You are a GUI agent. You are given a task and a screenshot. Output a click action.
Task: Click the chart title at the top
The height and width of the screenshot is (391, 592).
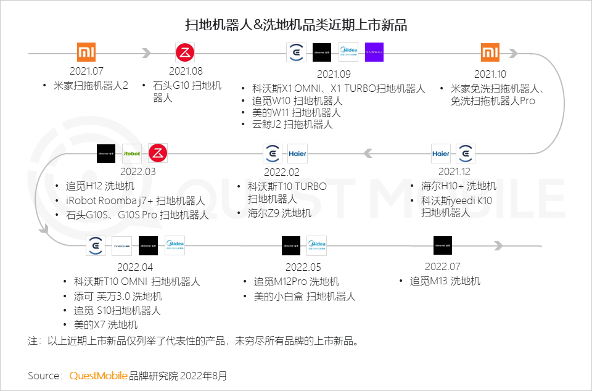(296, 25)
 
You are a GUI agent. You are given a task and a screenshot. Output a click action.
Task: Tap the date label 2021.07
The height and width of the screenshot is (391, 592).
(86, 72)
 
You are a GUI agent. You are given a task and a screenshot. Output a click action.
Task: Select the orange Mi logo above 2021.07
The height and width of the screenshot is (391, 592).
(86, 52)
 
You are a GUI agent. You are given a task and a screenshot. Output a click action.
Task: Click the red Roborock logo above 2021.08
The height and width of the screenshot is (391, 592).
(185, 52)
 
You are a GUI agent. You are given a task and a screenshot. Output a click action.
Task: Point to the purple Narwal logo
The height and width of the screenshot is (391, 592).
(374, 52)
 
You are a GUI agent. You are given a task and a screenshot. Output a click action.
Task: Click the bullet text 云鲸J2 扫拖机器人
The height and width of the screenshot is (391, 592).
(292, 125)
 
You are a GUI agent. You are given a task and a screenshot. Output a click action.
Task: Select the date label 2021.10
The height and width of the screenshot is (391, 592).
(490, 73)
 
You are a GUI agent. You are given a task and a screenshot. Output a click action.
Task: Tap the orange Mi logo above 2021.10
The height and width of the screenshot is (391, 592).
(490, 52)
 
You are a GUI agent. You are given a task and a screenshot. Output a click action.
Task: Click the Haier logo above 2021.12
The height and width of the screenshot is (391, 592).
(440, 154)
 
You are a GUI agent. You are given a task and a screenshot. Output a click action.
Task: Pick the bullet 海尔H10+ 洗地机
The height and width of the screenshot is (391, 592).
(458, 186)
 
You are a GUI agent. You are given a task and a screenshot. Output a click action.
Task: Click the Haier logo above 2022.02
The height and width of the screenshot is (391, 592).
(297, 154)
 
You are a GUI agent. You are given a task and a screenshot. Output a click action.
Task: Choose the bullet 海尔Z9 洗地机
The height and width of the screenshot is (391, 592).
(279, 213)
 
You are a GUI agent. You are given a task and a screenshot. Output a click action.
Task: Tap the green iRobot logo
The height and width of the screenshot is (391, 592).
(132, 153)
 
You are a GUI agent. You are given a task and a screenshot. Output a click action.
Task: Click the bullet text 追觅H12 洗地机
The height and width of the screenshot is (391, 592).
(100, 186)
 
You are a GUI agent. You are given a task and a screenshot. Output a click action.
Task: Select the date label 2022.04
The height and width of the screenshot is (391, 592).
(134, 268)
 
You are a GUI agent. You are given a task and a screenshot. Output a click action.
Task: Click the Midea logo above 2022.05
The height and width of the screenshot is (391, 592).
(316, 245)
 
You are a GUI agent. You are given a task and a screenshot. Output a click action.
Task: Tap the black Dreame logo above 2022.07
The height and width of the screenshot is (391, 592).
(442, 245)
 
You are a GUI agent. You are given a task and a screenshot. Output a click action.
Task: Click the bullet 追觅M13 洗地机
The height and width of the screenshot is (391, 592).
(445, 281)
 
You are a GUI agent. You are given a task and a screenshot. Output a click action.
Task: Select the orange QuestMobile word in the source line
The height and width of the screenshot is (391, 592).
(99, 375)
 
